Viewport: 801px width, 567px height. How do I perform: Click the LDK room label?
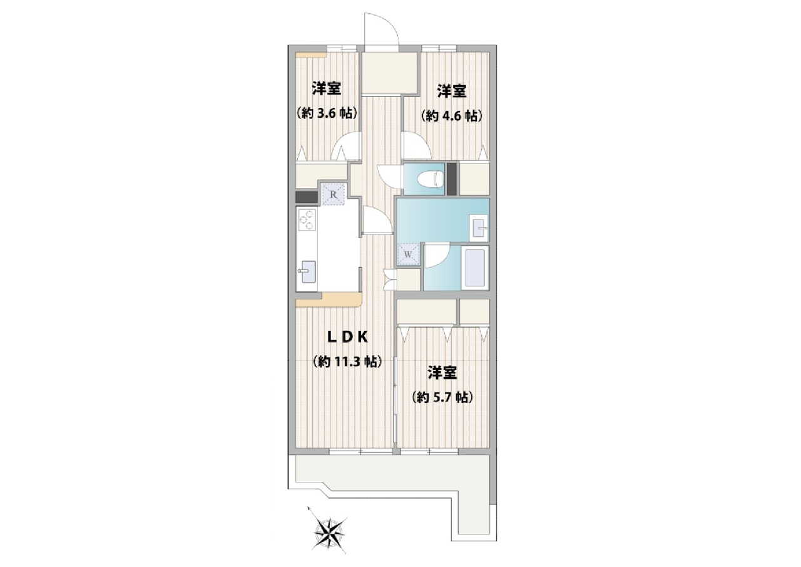pos(348,337)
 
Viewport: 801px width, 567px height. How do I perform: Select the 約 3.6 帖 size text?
pos(327,113)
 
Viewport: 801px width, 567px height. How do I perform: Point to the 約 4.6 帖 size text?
pos(452,116)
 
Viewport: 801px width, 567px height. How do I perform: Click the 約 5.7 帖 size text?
pos(442,397)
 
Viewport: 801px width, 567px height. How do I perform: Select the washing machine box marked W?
pos(408,254)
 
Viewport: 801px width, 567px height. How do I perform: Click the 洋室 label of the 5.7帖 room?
pos(442,373)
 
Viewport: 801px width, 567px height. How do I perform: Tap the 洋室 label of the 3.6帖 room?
pos(327,88)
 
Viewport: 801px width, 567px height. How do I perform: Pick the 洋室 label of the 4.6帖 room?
pos(452,91)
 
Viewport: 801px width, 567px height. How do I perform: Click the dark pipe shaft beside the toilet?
pos(451,179)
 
